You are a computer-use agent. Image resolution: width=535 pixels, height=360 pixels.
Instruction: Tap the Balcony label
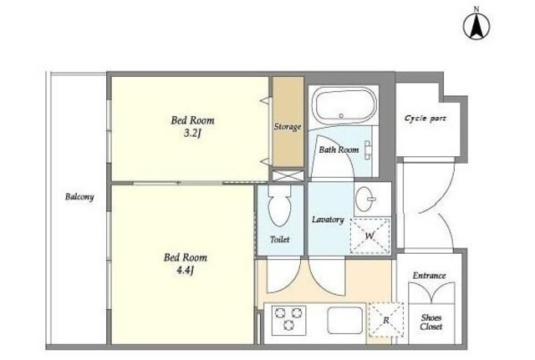pos(79,196)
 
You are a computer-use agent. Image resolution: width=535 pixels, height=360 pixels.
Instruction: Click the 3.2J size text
pos(191,133)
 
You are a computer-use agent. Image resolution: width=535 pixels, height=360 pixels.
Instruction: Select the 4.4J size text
pos(186,271)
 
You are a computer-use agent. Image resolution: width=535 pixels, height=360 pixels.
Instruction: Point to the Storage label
pos(288,126)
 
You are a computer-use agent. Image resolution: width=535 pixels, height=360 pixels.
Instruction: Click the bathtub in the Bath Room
pos(345,106)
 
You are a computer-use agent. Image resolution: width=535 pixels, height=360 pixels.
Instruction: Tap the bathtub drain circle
pos(341,116)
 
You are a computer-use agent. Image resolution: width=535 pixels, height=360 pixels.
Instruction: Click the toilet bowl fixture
pos(280,206)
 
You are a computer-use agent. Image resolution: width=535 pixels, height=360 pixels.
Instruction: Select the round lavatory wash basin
pos(365,199)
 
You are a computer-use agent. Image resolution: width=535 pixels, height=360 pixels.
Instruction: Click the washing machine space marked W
pos(370,236)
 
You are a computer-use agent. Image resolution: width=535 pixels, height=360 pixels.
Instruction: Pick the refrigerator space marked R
pos(386,320)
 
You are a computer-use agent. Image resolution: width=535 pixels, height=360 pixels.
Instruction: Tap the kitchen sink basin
pos(345,321)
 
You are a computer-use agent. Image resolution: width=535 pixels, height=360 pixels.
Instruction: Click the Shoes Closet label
pos(431,322)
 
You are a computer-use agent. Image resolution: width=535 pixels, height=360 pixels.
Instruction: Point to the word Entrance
pos(429,275)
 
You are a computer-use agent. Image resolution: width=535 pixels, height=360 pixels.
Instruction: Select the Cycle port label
pos(425,119)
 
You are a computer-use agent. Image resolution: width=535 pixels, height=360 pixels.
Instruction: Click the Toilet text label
pos(280,240)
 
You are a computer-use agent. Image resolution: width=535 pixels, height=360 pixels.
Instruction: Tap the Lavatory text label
pos(328,220)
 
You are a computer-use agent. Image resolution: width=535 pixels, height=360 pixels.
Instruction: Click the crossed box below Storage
pos(288,175)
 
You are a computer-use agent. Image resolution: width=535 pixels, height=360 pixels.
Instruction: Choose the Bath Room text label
pos(339,150)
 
